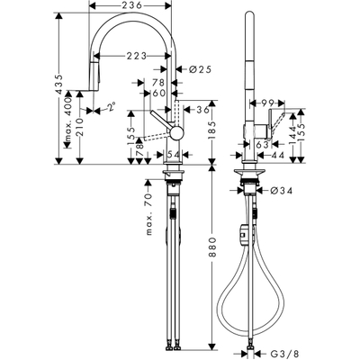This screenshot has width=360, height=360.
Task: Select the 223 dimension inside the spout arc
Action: pos(136,56)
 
